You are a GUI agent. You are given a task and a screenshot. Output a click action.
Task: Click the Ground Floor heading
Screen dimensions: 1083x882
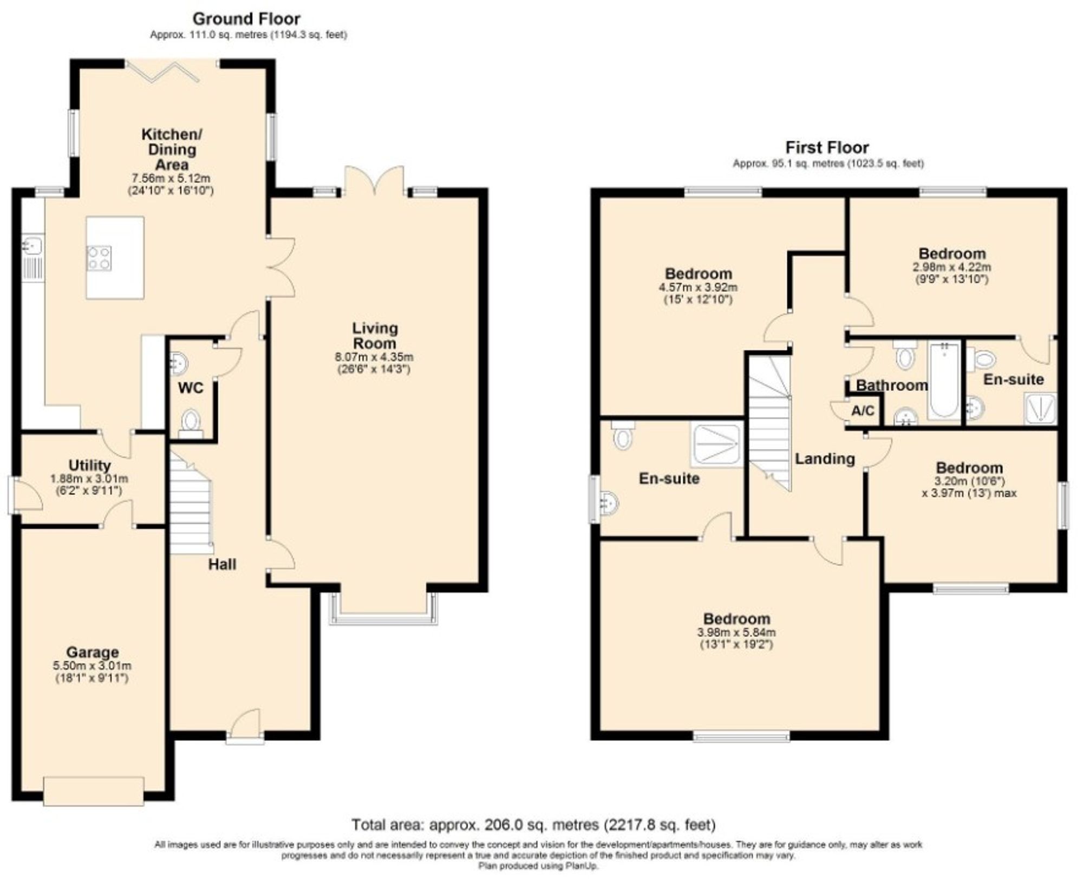click(x=246, y=19)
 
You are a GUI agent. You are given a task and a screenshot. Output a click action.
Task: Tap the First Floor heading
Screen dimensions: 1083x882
click(x=827, y=147)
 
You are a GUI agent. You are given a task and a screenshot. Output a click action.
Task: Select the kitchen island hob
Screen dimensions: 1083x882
click(x=100, y=258)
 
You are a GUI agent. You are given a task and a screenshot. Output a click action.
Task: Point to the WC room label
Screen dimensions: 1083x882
click(x=191, y=388)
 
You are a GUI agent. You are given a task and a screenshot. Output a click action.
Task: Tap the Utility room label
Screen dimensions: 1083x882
click(x=89, y=465)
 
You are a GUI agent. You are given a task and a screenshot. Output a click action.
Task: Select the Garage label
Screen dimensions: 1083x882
click(x=92, y=652)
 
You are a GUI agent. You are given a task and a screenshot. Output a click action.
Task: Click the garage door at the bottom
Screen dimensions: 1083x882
click(x=94, y=792)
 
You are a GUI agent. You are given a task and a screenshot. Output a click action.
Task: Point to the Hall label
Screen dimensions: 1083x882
click(x=222, y=565)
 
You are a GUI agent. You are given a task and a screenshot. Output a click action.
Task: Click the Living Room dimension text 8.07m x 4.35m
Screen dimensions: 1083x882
click(x=374, y=357)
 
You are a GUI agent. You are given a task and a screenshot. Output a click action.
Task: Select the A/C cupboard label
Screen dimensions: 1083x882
click(x=863, y=411)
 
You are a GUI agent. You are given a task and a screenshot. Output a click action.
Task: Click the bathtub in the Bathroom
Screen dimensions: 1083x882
click(x=944, y=380)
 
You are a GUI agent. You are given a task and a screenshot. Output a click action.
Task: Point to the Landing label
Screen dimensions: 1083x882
click(x=825, y=459)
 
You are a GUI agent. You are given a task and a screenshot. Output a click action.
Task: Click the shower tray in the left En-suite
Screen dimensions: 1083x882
click(x=715, y=445)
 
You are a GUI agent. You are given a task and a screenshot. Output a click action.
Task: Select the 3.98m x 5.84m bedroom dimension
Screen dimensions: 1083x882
click(x=736, y=632)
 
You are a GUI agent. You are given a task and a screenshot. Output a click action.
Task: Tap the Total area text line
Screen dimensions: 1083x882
click(x=533, y=825)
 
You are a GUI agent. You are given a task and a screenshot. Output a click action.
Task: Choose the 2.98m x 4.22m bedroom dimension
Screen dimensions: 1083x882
click(x=952, y=267)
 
